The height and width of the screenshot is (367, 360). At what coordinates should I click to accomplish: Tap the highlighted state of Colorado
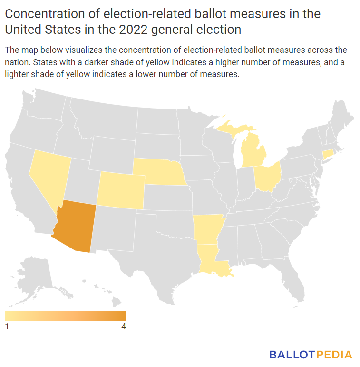(x=120, y=190)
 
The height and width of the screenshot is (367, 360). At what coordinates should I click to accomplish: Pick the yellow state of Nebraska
(x=157, y=172)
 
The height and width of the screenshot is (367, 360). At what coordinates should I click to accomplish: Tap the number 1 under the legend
(x=7, y=327)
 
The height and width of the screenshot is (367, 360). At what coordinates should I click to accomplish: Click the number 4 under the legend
(x=124, y=327)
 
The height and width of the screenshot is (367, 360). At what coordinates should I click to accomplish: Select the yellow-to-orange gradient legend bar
(x=65, y=316)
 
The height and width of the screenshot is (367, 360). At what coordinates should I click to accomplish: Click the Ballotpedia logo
(x=311, y=355)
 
